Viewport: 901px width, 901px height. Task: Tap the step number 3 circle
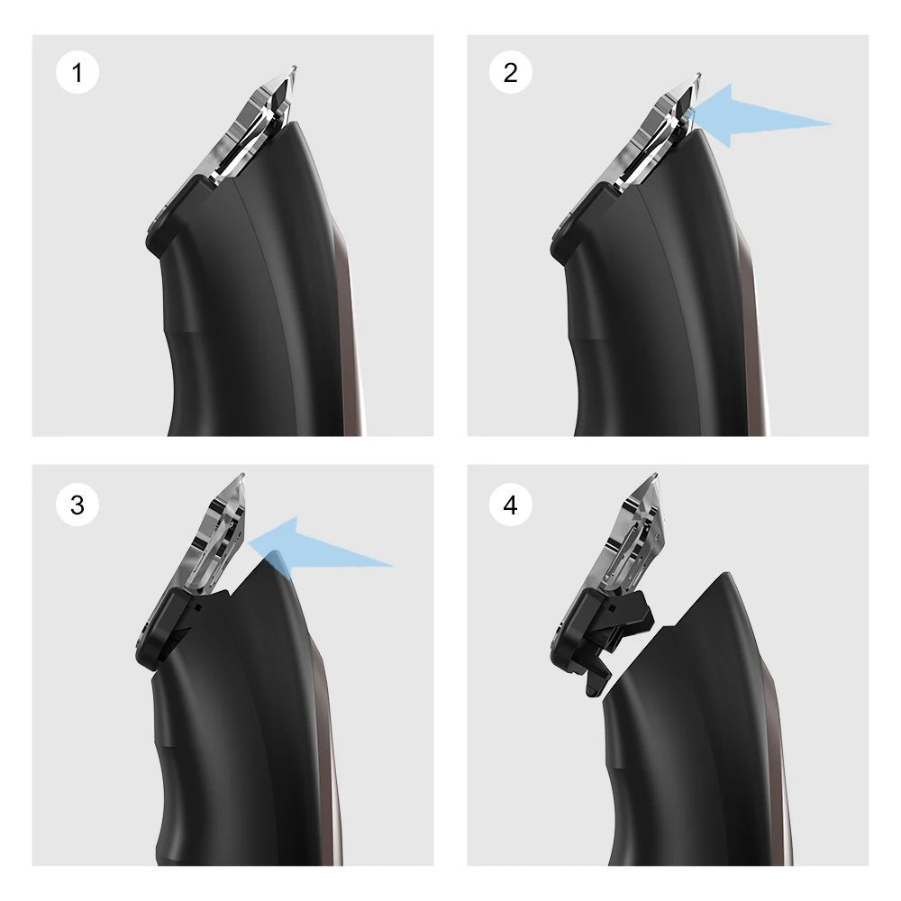[77, 506]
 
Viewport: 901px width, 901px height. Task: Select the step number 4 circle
[511, 506]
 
